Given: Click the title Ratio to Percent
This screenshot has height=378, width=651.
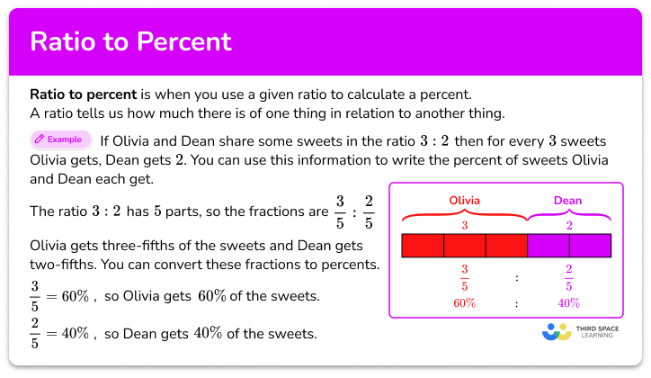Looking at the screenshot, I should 131,41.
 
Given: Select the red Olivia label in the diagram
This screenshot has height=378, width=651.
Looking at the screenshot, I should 464,200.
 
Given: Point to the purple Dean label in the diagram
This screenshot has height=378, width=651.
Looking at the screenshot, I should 567,200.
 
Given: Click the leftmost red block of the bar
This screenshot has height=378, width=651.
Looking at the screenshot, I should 423,247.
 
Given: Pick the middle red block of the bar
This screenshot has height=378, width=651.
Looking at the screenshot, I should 464,247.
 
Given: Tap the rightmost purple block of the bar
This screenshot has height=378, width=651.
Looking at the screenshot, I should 590,247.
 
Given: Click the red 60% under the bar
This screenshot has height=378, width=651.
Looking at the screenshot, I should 464,303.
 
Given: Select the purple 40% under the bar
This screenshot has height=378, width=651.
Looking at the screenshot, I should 568,303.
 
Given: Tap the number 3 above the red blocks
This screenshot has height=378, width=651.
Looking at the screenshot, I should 464,226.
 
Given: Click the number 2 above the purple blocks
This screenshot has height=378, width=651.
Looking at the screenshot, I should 568,226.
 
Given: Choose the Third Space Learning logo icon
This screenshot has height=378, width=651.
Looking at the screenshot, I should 557,331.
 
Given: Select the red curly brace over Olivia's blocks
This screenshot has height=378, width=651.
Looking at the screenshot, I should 464,213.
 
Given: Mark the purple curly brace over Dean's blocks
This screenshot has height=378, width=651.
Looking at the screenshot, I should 568,213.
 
